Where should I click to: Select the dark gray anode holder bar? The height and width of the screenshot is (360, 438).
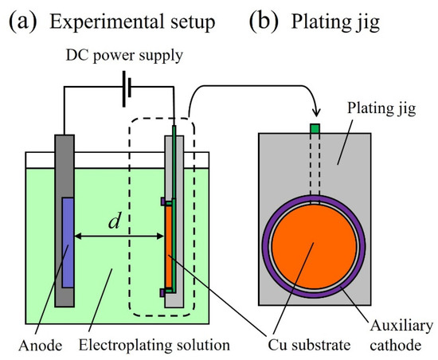click(63, 159)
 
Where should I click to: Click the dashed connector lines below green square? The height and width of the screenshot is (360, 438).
click(315, 163)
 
